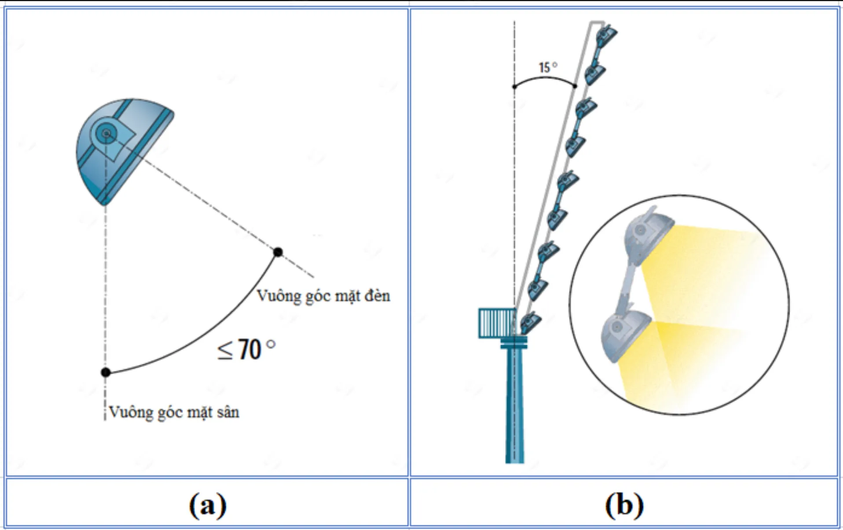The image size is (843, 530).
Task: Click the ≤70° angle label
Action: (246, 350)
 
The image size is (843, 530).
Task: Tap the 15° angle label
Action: (548, 67)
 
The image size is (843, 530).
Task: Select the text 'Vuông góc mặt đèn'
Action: (323, 296)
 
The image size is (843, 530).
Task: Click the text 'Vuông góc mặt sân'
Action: (174, 412)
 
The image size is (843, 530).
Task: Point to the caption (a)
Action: (208, 504)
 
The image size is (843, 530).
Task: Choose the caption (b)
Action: (624, 504)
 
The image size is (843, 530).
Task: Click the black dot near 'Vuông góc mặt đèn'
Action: (278, 252)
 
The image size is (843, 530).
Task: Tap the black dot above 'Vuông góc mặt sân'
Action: (106, 372)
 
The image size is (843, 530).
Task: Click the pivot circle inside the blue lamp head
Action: (106, 132)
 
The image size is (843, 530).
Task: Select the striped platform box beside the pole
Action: (497, 323)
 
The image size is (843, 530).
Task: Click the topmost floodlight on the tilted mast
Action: (606, 34)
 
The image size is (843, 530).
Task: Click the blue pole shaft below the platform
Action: (514, 405)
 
